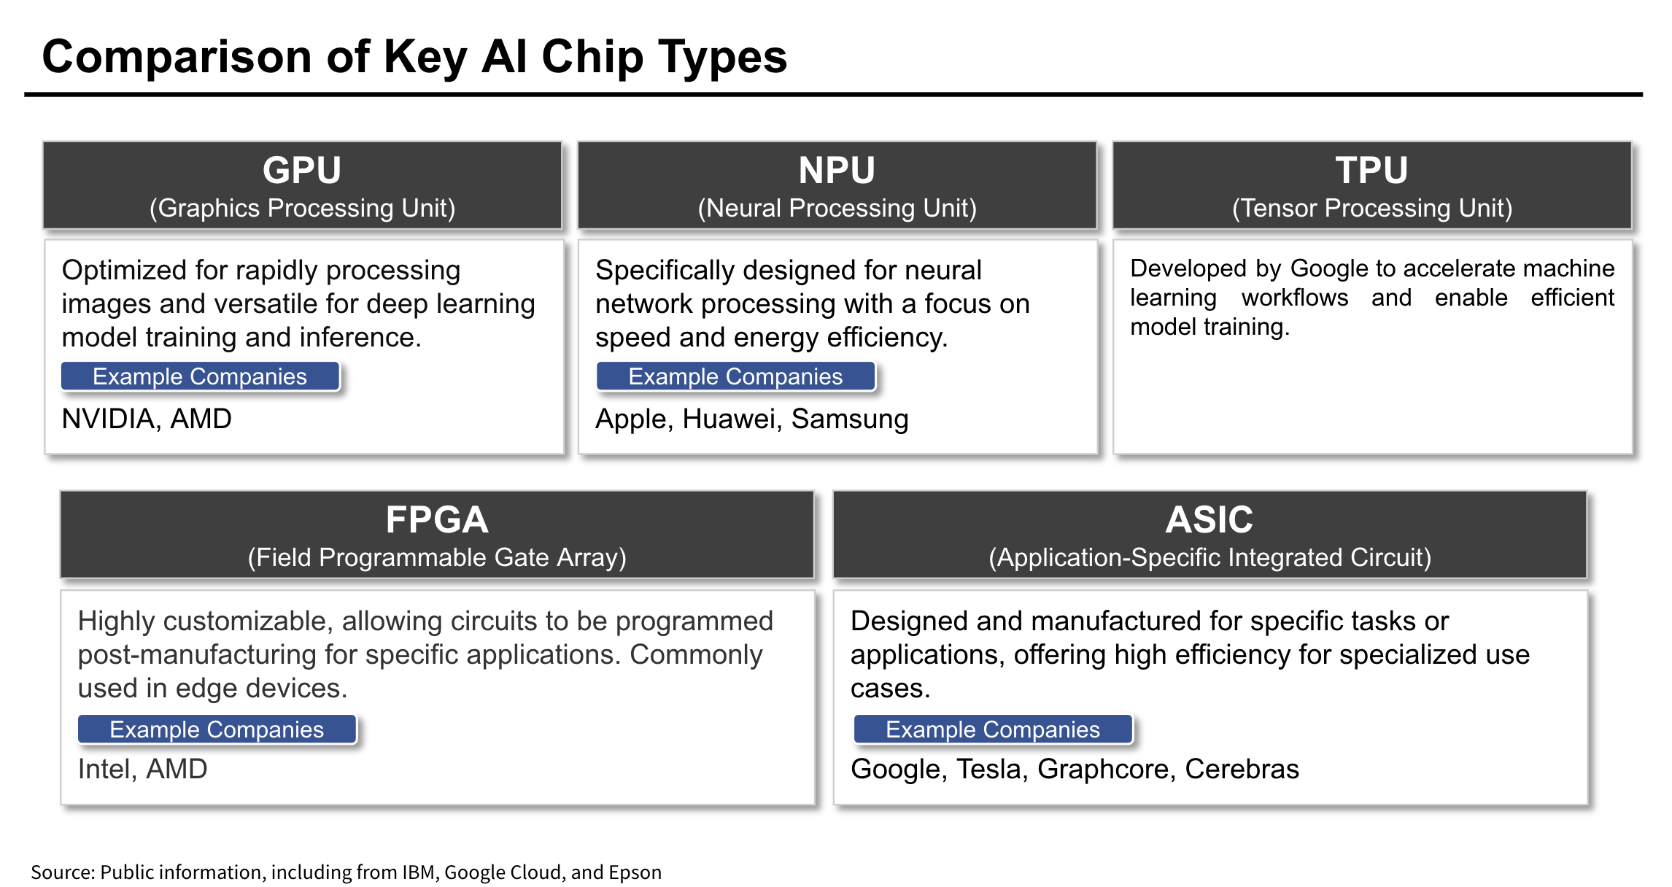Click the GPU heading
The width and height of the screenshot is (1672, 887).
[302, 170]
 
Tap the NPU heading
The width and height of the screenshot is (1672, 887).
[837, 170]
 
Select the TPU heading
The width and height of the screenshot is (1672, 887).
[1371, 170]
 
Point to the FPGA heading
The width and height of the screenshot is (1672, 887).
[437, 519]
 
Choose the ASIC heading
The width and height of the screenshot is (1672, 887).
[1210, 519]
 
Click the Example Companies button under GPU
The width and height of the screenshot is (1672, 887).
[200, 376]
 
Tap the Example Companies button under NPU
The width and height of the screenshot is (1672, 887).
[735, 376]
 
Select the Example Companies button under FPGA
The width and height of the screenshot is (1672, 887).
[217, 729]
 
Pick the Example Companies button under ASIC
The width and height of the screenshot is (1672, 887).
[993, 729]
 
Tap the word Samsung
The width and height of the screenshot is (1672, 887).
[850, 419]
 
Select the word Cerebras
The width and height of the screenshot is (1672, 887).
[1242, 769]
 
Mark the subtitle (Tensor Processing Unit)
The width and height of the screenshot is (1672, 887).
[1372, 208]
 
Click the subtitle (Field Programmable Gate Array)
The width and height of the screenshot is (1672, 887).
[437, 557]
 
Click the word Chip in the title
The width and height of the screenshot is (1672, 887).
[592, 57]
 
